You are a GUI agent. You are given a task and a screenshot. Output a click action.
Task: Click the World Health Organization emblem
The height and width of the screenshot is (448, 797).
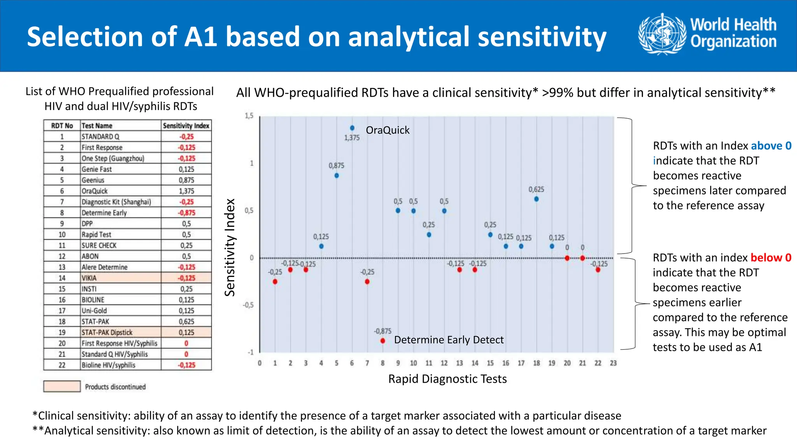[x=662, y=34]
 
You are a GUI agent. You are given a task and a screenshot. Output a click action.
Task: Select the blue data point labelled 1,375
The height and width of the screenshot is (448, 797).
[x=352, y=128]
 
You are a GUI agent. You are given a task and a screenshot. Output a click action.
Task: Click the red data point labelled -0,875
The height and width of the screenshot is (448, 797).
[x=383, y=341]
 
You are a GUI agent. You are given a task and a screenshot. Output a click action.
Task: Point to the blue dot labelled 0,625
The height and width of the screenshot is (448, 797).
[x=536, y=199]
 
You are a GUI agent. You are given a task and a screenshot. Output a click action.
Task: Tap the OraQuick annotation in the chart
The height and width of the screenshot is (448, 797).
[x=388, y=130]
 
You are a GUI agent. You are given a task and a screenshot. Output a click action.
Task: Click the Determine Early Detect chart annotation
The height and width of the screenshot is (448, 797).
[x=449, y=340]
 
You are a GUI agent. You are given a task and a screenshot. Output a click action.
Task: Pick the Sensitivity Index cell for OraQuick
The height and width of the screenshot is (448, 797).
[x=186, y=191]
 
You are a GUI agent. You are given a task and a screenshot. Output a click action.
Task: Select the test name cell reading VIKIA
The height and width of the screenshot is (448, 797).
[x=121, y=278]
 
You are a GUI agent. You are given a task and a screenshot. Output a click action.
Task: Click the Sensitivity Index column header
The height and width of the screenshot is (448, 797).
[x=186, y=126]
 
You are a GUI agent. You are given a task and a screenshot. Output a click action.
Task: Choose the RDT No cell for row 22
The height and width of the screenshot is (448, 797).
[x=62, y=365]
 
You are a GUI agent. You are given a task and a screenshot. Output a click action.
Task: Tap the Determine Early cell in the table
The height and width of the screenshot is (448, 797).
[x=121, y=213]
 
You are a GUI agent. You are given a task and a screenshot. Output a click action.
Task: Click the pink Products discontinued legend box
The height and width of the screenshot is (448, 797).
[x=62, y=386]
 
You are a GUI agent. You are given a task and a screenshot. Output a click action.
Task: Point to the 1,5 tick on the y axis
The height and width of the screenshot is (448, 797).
[x=249, y=116]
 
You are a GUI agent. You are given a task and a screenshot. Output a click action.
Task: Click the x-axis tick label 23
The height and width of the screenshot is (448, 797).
[x=613, y=363]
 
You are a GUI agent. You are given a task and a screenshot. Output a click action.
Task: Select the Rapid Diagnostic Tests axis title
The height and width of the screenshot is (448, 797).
[x=448, y=379]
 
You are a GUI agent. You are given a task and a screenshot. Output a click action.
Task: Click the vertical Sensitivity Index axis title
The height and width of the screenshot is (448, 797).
[x=230, y=247]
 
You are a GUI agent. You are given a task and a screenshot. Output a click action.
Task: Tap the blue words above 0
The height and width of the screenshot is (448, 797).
[x=771, y=146]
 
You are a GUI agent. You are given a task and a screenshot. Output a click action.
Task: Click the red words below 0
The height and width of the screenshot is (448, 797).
[x=771, y=258]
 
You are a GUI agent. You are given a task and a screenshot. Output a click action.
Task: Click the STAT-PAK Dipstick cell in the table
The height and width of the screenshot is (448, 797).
[x=121, y=332]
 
